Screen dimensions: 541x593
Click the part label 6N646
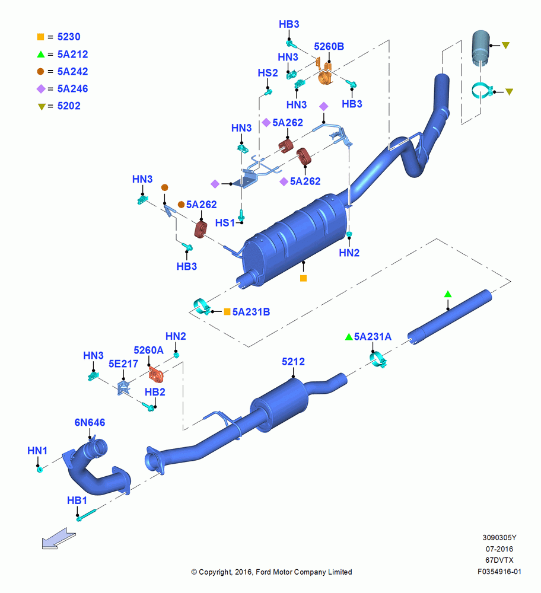pyautogui.click(x=90, y=422)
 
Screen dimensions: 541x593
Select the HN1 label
pyautogui.click(x=37, y=451)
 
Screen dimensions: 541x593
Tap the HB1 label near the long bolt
pyautogui.click(x=77, y=500)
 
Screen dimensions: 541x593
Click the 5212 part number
pyautogui.click(x=293, y=362)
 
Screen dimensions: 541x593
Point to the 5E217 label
pyautogui.click(x=123, y=364)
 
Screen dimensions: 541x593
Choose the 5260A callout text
pyautogui.click(x=148, y=350)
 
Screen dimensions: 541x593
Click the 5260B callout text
pyautogui.click(x=329, y=46)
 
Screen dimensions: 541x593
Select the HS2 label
pyautogui.click(x=268, y=72)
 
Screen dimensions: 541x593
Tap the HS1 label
pyautogui.click(x=225, y=223)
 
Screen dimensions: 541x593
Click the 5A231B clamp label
pyautogui.click(x=251, y=312)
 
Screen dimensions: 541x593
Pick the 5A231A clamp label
pyautogui.click(x=373, y=337)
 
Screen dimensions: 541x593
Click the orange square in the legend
pyautogui.click(x=40, y=37)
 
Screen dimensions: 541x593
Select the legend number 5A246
pyautogui.click(x=72, y=88)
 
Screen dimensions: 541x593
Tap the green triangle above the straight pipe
pyautogui.click(x=448, y=294)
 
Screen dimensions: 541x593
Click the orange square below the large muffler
pyautogui.click(x=303, y=278)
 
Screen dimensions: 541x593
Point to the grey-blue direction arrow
pyautogui.click(x=59, y=538)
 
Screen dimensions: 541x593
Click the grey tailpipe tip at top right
pyautogui.click(x=481, y=47)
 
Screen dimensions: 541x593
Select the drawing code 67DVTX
pyautogui.click(x=499, y=560)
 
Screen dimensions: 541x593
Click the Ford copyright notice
pyautogui.click(x=272, y=572)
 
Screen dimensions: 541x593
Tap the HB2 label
pyautogui.click(x=155, y=392)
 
